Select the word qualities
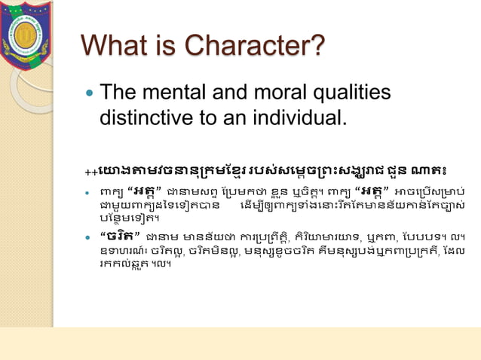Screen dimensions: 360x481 pos(359,93)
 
